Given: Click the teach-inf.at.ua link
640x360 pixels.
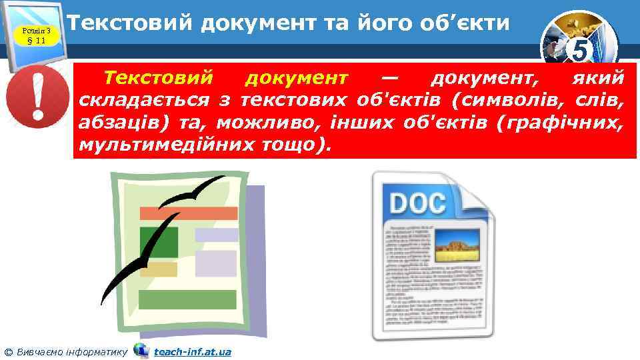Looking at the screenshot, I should pyautogui.click(x=193, y=351).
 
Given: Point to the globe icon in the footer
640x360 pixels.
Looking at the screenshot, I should pyautogui.click(x=141, y=350).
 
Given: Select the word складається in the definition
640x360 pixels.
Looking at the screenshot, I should pyautogui.click(x=143, y=101).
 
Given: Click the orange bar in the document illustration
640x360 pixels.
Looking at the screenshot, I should pyautogui.click(x=188, y=213).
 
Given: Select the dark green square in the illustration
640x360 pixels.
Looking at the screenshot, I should pyautogui.click(x=159, y=241).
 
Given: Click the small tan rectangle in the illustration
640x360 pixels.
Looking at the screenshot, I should pyautogui.click(x=159, y=269).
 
